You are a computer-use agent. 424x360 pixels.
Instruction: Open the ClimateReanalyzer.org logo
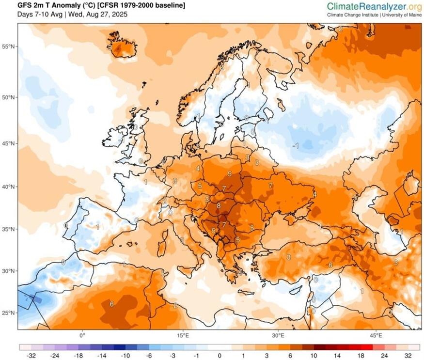click(374, 6)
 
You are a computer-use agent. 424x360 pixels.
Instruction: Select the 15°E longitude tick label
click(182, 335)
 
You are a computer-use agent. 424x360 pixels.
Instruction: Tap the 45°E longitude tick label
click(377, 335)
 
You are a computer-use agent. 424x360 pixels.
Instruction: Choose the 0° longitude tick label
click(82, 335)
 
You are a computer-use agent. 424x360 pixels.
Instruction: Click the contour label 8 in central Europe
click(219, 205)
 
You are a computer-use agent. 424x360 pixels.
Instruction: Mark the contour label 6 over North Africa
click(111, 304)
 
